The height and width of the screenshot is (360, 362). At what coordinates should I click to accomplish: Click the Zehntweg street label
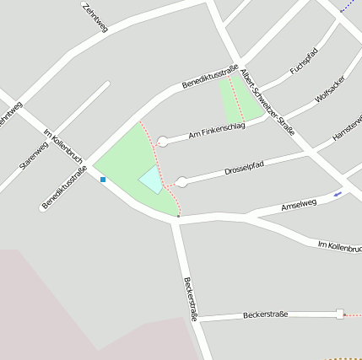coord(95,16)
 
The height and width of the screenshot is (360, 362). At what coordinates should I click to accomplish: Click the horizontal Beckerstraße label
coord(265,314)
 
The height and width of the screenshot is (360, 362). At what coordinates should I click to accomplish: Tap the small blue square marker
coord(103,179)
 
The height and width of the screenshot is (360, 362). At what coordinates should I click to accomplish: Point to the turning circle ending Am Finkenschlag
coord(162,142)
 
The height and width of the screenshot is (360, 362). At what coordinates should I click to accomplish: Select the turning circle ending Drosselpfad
coord(181,180)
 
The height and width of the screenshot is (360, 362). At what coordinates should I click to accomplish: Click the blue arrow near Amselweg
coord(338,194)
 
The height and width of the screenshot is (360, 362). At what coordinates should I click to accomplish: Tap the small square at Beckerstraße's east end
coord(340,314)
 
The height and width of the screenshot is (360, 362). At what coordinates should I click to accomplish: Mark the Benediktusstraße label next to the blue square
coord(64,188)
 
